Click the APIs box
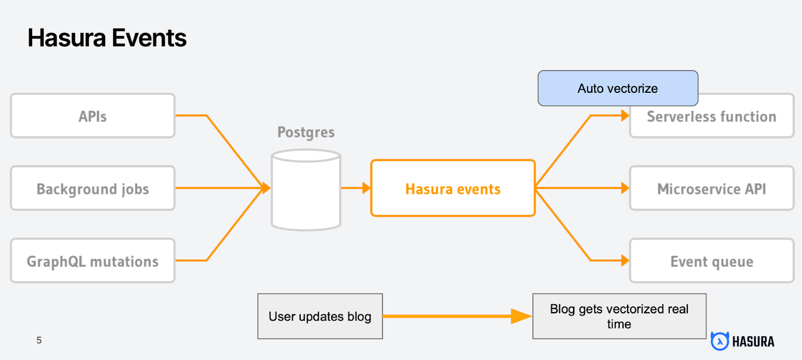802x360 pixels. click(x=93, y=116)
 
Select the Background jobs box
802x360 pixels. click(x=93, y=189)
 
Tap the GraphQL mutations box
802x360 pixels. click(x=93, y=261)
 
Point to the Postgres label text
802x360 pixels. click(x=306, y=132)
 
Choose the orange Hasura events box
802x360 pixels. click(x=453, y=189)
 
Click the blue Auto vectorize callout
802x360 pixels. click(x=618, y=88)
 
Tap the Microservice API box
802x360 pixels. click(x=712, y=189)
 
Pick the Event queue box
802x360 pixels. click(x=712, y=261)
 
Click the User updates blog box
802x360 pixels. click(x=320, y=316)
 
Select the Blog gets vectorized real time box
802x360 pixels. click(x=619, y=316)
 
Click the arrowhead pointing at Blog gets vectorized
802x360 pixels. click(x=521, y=316)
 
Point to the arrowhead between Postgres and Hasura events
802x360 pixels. click(x=366, y=188)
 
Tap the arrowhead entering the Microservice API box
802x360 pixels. click(x=625, y=188)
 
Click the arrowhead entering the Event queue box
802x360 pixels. click(x=625, y=260)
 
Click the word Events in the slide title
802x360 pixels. click(x=149, y=38)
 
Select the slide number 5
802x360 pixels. click(x=39, y=340)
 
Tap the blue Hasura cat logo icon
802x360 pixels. click(x=720, y=341)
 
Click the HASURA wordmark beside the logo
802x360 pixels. click(x=753, y=342)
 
